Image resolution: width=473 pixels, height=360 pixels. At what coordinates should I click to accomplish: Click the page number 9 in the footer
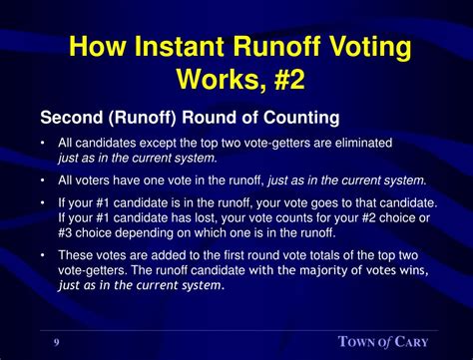pos(56,342)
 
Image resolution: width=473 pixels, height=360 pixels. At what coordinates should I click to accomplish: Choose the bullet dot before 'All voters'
pos(44,180)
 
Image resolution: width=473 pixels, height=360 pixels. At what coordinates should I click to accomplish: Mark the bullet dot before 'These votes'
pos(44,254)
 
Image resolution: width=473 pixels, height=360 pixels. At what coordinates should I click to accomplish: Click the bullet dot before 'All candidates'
pos(44,144)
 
